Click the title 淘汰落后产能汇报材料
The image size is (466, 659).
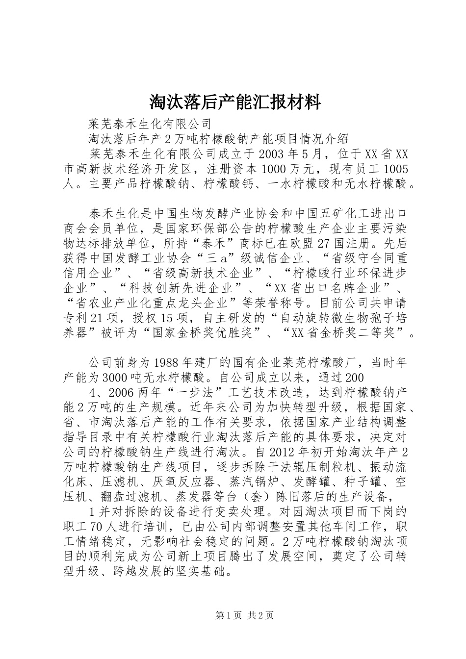click(x=234, y=102)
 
